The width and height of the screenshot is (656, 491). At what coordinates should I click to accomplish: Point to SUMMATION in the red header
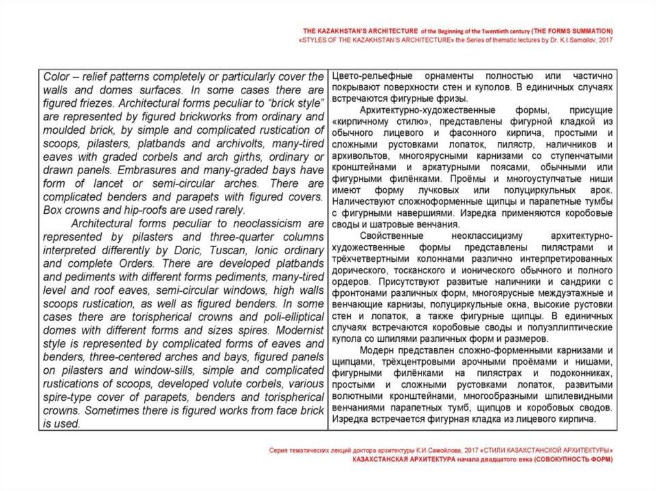[x=587, y=31]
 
